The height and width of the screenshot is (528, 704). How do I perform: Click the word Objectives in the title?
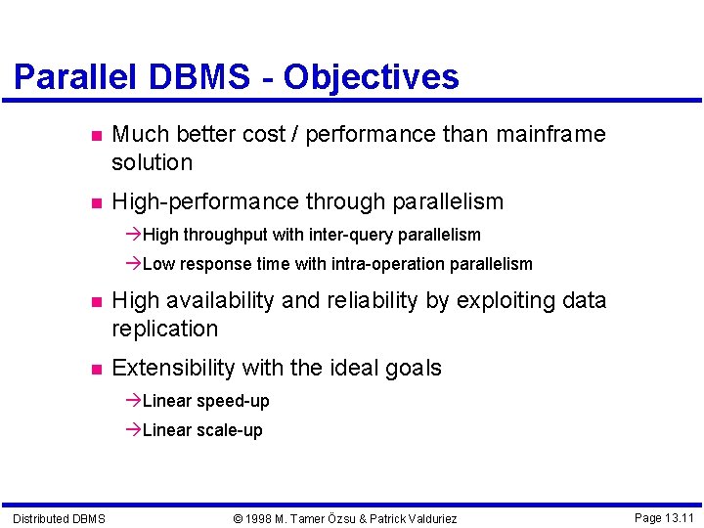pos(371,77)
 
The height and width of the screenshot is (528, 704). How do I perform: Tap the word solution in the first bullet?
pos(152,162)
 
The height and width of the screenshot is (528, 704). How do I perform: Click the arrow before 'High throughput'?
pos(134,235)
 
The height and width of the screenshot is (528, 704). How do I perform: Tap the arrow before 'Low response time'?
pos(134,264)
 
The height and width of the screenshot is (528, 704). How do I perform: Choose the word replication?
pos(164,329)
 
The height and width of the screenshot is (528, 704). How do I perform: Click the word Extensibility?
pos(174,369)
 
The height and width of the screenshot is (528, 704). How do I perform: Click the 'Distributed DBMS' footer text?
pos(59,518)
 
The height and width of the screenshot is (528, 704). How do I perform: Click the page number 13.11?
pos(676,517)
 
